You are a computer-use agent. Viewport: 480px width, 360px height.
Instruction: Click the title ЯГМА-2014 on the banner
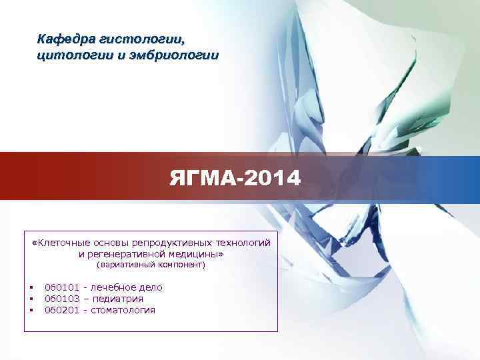(235, 179)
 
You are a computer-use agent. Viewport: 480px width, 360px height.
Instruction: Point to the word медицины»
(199, 254)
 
